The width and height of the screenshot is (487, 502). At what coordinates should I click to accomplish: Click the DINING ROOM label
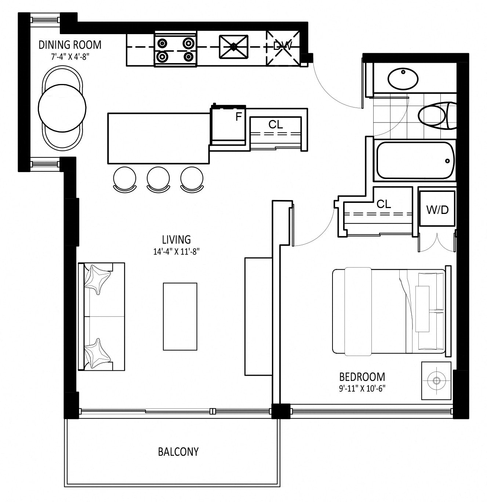pos(70,45)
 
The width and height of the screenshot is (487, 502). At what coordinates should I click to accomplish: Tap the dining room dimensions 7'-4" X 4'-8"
pos(70,57)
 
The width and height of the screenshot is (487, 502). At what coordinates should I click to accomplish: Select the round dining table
pos(62,108)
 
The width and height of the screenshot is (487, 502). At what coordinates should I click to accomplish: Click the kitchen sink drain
pos(234,47)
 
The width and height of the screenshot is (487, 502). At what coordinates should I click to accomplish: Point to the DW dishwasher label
pos(283,46)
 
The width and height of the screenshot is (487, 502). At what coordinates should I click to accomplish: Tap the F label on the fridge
pos(239,117)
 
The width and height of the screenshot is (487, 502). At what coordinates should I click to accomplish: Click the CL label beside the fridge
pos(276,124)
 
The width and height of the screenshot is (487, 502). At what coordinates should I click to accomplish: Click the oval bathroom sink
pos(403,79)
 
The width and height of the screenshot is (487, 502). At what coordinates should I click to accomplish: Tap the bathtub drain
pos(447,161)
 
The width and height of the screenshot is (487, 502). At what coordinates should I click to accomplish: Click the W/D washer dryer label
pos(437,210)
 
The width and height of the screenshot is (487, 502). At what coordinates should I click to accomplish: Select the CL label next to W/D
pos(384,204)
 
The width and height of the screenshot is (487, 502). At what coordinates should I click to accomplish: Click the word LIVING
pos(177,240)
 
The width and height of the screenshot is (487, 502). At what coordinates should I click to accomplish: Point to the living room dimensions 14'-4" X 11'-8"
pos(177,251)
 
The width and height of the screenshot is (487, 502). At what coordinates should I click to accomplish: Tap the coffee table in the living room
pos(180,317)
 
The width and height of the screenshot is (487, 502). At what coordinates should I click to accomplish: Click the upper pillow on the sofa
pos(98,279)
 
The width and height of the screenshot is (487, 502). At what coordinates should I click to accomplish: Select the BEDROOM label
pos(362,377)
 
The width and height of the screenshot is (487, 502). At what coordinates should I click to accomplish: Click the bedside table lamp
pos(436,381)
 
